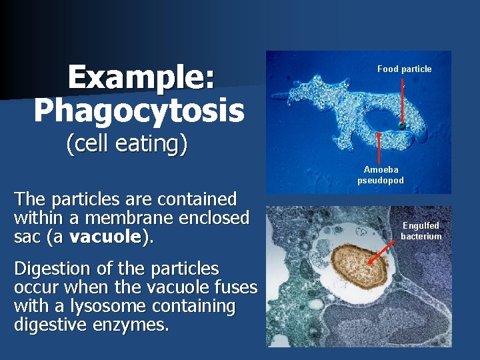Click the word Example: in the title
coord(141,77)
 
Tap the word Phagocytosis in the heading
coord(139,111)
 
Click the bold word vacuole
coord(105,236)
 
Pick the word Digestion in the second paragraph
coord(51,269)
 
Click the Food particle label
coord(404,69)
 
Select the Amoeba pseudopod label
coord(381,175)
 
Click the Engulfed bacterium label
coord(421,231)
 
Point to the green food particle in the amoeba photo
coord(402,125)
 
